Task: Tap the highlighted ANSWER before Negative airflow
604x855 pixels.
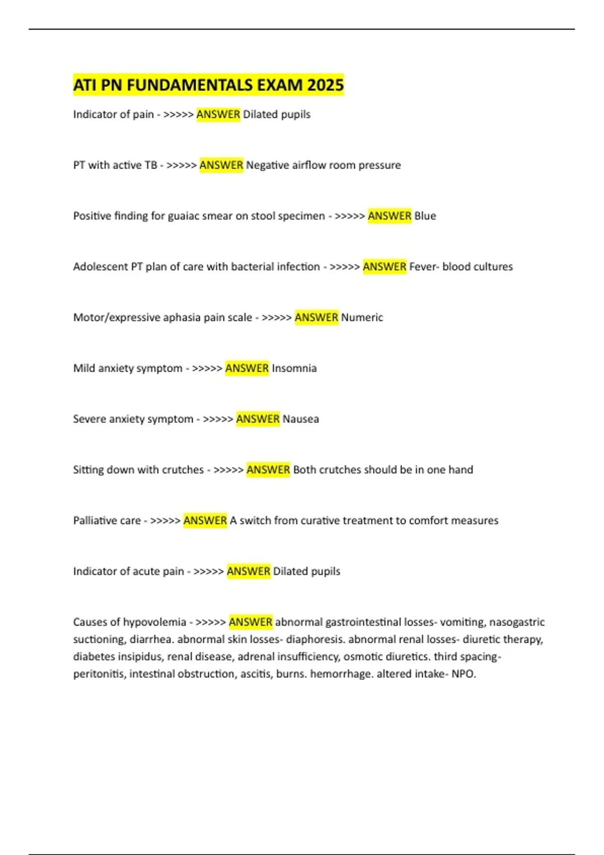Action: point(221,165)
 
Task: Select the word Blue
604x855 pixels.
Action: point(425,216)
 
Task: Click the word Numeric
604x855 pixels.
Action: point(362,317)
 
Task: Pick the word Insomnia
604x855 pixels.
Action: point(294,368)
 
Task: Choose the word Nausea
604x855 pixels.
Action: point(300,419)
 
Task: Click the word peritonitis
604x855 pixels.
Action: point(99,674)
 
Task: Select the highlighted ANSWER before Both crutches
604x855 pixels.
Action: point(268,470)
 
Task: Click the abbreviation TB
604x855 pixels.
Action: point(150,165)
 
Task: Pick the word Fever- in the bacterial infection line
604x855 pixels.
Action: point(424,267)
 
